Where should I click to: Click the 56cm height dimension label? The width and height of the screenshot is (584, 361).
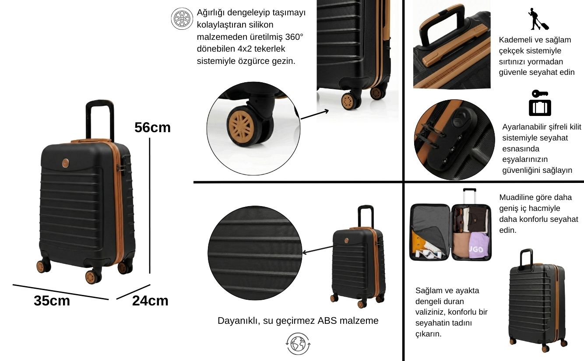pos(152,127)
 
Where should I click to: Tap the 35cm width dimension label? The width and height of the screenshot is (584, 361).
pos(52,301)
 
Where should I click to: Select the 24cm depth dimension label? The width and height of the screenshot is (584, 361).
pos(150,301)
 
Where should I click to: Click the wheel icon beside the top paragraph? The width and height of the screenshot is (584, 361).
pos(182,19)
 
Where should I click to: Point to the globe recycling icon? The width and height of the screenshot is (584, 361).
pos(298,343)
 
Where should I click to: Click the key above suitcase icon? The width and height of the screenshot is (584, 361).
pos(540,103)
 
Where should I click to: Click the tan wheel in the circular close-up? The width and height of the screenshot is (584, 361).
pos(241,126)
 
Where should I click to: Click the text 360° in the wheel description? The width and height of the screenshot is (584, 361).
pos(294,37)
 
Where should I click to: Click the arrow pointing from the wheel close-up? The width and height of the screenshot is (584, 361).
pos(314,115)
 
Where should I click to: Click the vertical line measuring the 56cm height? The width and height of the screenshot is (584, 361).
pos(150,206)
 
